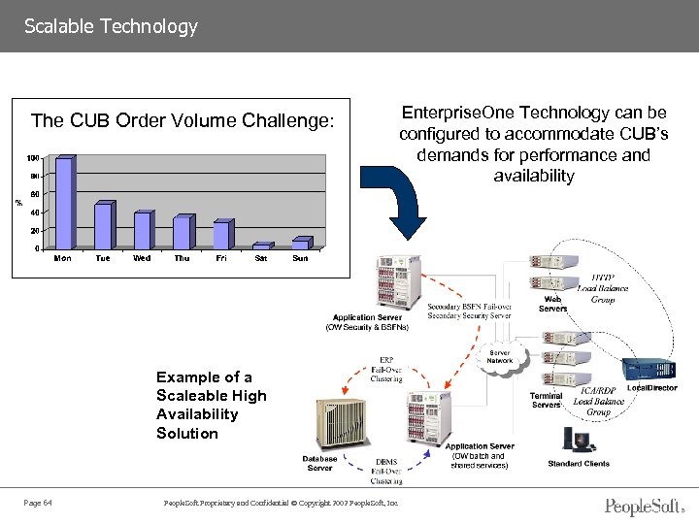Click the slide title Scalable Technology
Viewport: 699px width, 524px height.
pos(111,26)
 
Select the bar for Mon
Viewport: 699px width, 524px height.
pos(64,203)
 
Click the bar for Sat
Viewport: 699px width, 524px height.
pos(261,246)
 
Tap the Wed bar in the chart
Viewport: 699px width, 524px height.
pos(143,230)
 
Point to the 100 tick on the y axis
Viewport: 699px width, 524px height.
pos(33,157)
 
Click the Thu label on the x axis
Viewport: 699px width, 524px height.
pos(182,258)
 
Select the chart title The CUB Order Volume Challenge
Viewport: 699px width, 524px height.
pos(183,121)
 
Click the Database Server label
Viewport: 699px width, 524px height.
pos(319,463)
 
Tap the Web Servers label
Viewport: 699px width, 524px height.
pos(552,304)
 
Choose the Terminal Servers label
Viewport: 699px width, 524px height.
pos(546,400)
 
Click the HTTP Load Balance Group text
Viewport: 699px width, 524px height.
pos(602,288)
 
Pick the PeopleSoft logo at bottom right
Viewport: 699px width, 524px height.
pos(643,506)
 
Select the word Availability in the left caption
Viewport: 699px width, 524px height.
pos(197,414)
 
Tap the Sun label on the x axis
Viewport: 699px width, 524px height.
pos(300,258)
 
